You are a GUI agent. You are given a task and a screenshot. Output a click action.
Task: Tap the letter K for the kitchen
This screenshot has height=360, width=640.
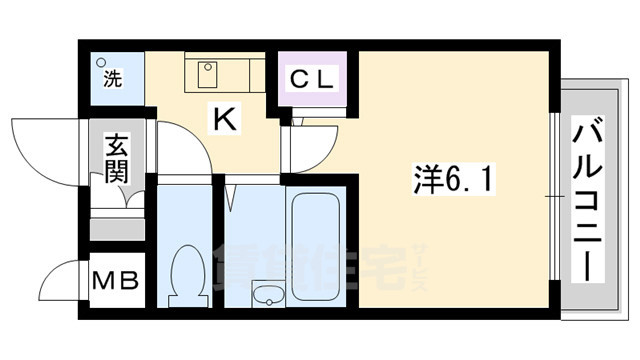click(x=224, y=120)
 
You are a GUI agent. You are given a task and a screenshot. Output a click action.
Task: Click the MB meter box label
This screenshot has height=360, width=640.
click(x=116, y=281)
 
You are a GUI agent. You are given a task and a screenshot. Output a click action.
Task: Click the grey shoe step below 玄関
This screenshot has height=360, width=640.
click(x=116, y=229)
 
